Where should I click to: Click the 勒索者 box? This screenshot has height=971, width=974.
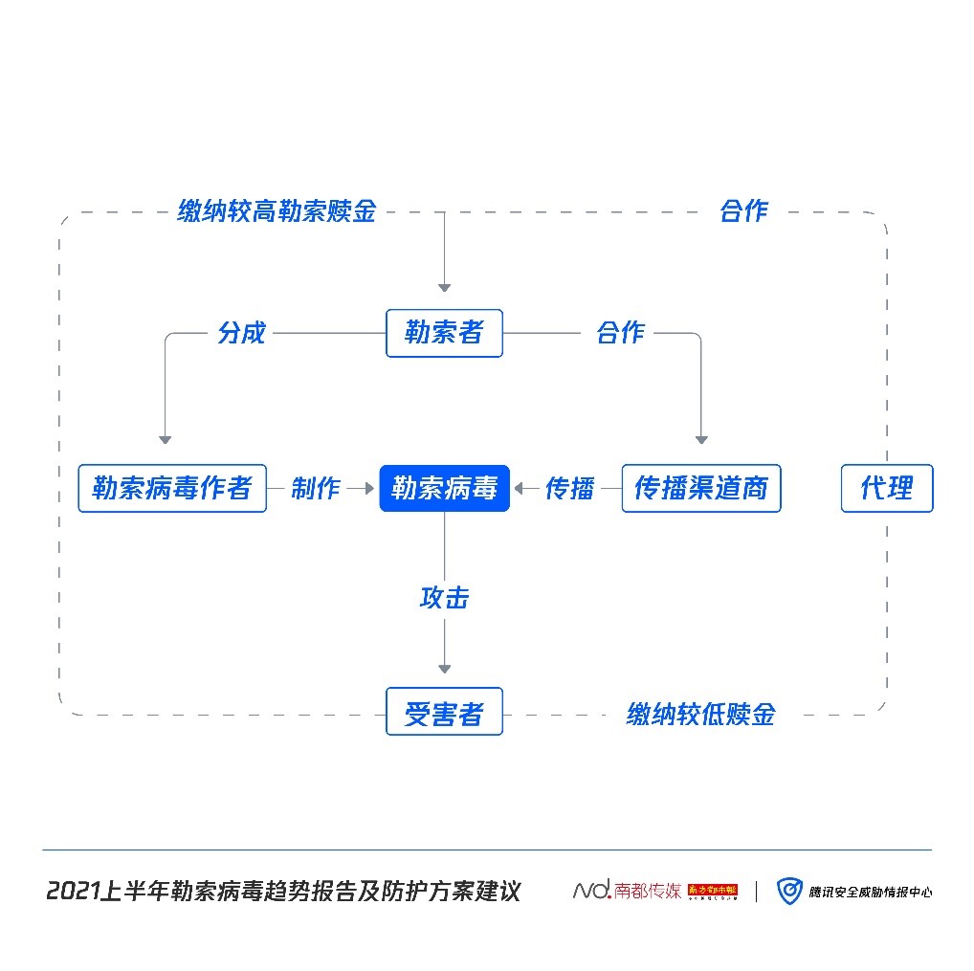(444, 333)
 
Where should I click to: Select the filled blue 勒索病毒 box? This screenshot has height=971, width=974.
(444, 488)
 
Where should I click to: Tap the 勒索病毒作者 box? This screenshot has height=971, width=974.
(172, 488)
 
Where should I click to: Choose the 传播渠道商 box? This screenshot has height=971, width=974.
(701, 488)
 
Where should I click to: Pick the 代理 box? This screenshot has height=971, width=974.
(887, 488)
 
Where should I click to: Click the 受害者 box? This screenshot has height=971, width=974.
(444, 713)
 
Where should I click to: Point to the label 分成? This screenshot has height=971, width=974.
(241, 333)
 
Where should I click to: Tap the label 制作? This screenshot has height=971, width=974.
(316, 488)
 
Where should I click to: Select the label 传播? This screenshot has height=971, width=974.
(569, 488)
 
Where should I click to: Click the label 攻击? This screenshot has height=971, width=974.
(444, 598)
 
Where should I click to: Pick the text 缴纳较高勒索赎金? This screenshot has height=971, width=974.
(277, 211)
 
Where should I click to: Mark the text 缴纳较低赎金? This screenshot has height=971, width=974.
(700, 714)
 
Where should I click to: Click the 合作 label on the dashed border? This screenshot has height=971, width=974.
(743, 211)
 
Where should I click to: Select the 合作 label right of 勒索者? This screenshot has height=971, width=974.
(620, 333)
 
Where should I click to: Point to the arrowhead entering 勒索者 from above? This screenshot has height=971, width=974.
(444, 286)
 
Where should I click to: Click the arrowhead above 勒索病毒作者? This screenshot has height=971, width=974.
(165, 439)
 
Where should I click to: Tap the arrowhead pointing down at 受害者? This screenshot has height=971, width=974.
(444, 668)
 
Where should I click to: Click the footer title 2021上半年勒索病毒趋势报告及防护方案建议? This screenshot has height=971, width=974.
(283, 892)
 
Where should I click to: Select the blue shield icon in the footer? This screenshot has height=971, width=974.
(788, 892)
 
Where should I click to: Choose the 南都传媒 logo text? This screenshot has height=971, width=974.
(628, 892)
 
